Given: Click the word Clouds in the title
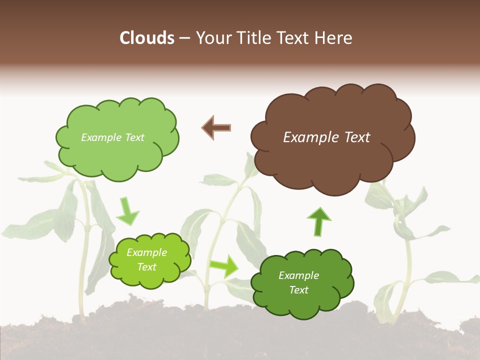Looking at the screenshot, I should tap(146, 38).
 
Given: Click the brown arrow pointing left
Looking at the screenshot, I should tap(216, 127).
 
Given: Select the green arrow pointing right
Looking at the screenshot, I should tap(224, 265).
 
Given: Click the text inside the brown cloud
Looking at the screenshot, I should tap(326, 137).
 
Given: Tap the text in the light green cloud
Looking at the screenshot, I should tap(112, 137).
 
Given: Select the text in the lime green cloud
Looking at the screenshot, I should tap(147, 259).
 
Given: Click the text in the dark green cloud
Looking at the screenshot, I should tap(298, 282).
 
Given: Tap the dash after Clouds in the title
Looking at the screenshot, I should tap(184, 38).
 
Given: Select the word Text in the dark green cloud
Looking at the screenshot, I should tap(298, 290).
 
